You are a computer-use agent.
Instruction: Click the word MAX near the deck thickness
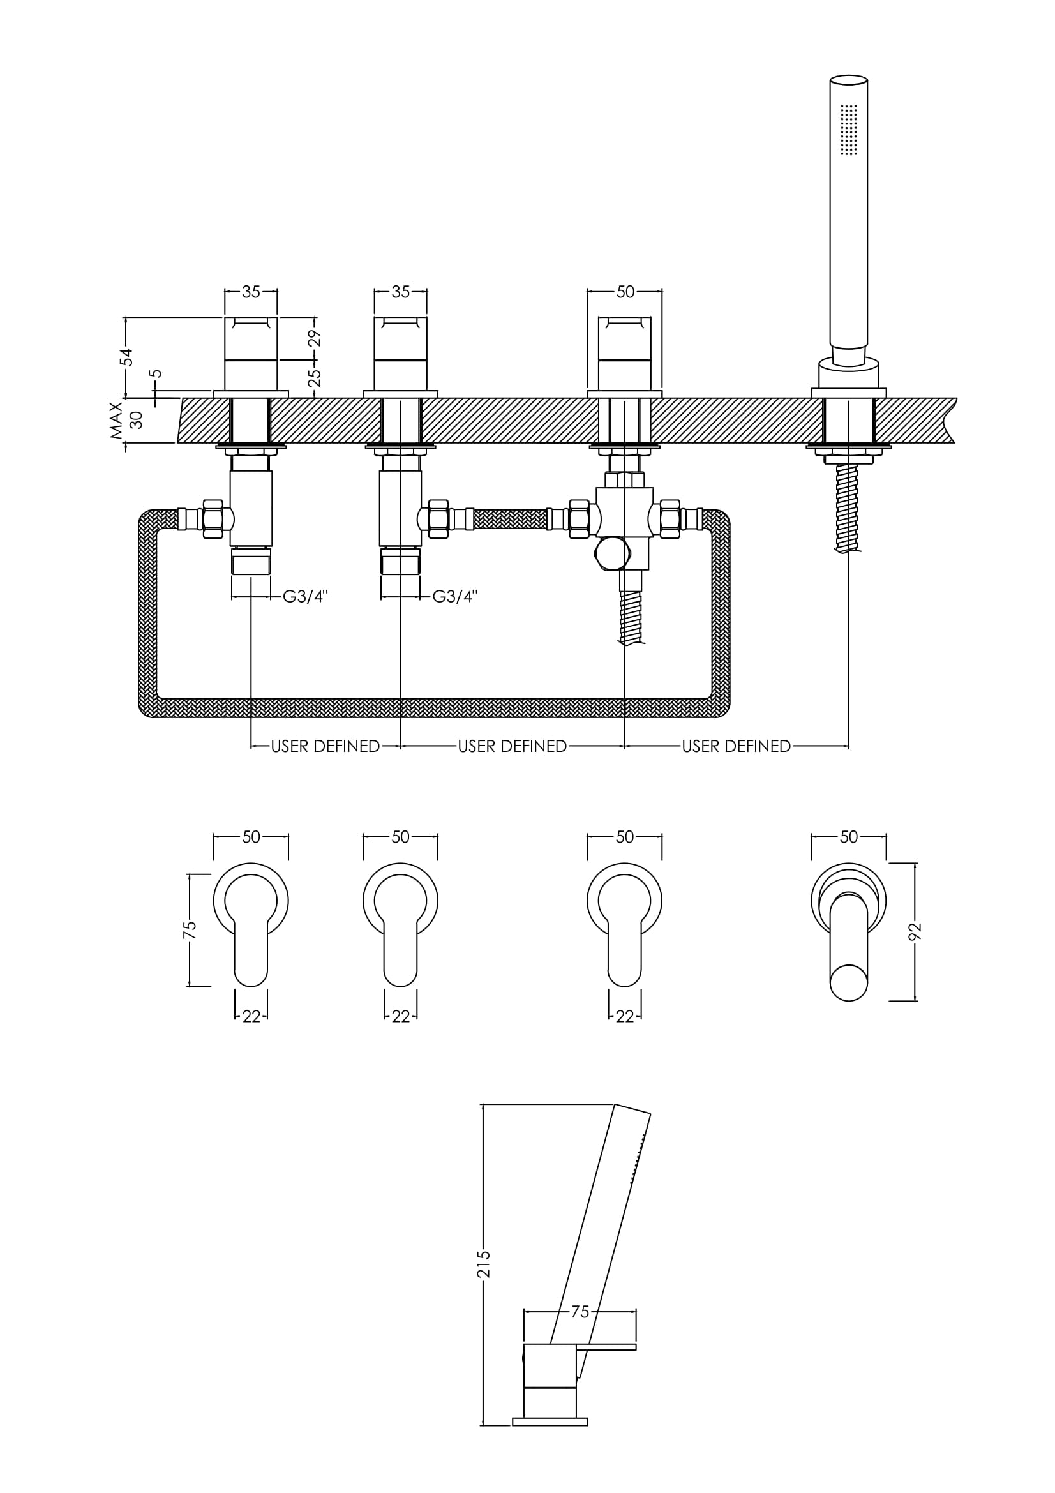pos(116,420)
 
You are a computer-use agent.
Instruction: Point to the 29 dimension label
pos(315,339)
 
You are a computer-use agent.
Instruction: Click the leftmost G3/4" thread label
pos(305,596)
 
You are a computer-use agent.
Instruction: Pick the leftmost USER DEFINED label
pos(325,747)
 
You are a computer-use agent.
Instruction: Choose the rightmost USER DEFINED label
pos(736,747)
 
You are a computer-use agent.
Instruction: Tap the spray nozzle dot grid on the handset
pos(848,130)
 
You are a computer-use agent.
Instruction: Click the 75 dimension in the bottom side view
pos(579,1312)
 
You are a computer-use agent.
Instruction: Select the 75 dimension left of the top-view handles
pos(189,930)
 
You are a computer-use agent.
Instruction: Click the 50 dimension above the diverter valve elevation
pos(625,292)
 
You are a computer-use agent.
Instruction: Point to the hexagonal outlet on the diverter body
pos(612,553)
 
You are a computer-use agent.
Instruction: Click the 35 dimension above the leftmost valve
pos(251,292)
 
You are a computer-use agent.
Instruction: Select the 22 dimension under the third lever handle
pos(625,1017)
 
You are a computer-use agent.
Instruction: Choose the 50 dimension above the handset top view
pos(848,837)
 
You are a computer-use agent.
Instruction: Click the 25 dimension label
pos(315,378)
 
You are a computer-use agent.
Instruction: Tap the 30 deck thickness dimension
pos(136,420)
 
